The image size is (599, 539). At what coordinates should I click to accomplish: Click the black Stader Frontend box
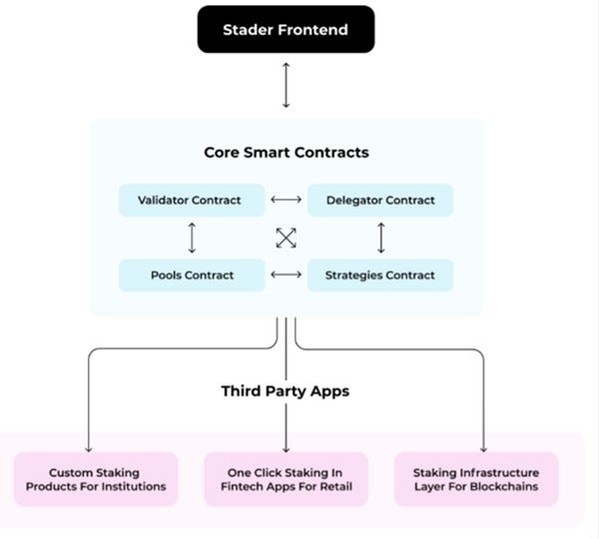[286, 29]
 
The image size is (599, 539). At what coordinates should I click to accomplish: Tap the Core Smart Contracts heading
[286, 153]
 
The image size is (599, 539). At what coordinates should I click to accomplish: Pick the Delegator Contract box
[380, 200]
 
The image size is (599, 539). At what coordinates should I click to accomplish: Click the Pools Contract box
[192, 274]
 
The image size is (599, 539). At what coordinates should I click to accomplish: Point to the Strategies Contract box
[380, 274]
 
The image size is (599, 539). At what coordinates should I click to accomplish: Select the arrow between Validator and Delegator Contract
[287, 200]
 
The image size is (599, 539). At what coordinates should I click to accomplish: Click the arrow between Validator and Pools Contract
[192, 238]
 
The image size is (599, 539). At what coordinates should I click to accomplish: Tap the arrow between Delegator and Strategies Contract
[380, 238]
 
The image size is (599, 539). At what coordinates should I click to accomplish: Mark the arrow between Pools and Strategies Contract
[287, 274]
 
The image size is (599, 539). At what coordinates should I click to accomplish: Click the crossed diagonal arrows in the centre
[287, 238]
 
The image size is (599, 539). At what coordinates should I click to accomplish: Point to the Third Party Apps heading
[286, 391]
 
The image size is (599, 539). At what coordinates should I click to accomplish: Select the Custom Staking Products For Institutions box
[96, 479]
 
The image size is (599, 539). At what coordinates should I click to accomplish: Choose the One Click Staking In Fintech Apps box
[286, 479]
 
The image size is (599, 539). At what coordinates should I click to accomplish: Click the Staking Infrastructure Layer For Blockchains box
[475, 479]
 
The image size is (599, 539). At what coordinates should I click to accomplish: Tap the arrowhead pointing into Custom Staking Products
[90, 447]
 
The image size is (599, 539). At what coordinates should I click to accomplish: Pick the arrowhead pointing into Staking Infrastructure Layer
[483, 447]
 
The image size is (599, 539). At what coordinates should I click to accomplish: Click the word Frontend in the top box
[313, 29]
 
